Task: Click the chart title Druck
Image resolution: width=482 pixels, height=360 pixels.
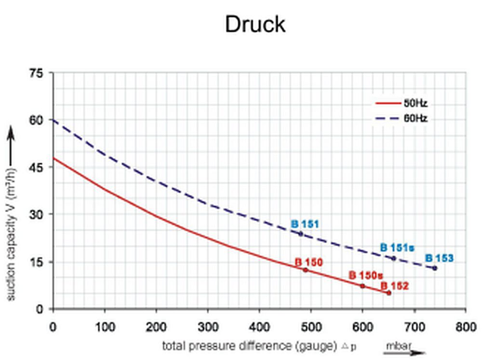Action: (255, 24)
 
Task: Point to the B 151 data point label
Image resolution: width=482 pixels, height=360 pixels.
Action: (305, 224)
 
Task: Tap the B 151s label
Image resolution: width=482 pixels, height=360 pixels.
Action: (397, 248)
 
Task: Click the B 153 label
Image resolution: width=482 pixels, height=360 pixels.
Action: (439, 258)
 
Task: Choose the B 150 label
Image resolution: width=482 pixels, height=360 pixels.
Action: (308, 263)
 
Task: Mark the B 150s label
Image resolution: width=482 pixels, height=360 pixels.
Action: (365, 276)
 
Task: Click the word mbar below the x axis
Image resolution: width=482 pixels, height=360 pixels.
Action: (396, 346)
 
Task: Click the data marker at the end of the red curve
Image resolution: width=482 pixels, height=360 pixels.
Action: (389, 293)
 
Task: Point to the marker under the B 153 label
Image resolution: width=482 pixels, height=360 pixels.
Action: (435, 268)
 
